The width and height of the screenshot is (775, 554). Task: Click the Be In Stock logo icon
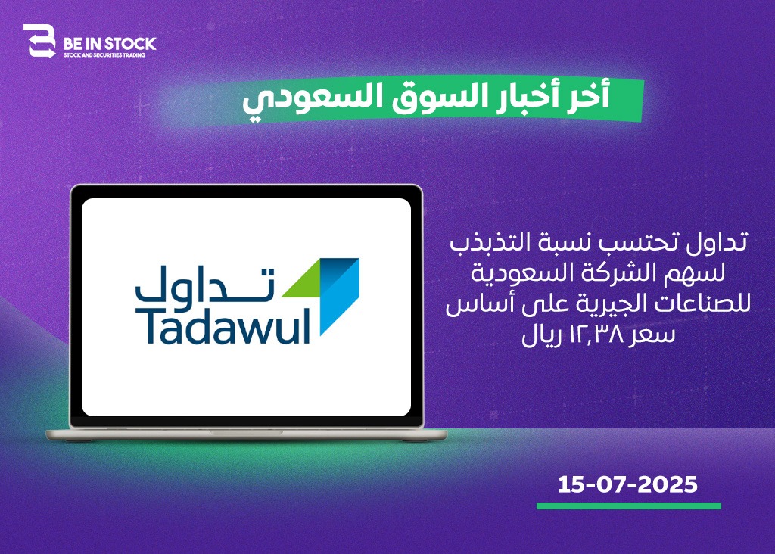click(39, 42)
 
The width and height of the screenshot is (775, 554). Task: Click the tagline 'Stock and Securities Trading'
click(104, 55)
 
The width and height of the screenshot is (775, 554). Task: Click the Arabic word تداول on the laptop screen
click(204, 284)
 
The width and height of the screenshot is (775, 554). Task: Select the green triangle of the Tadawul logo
click(303, 283)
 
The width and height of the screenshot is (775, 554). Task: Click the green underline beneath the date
click(629, 506)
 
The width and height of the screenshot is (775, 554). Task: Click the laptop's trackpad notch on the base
click(246, 432)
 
